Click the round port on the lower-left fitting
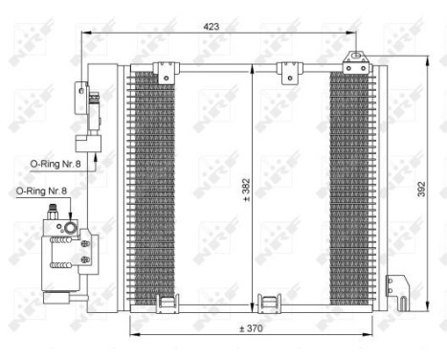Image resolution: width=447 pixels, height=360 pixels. (69, 227)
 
